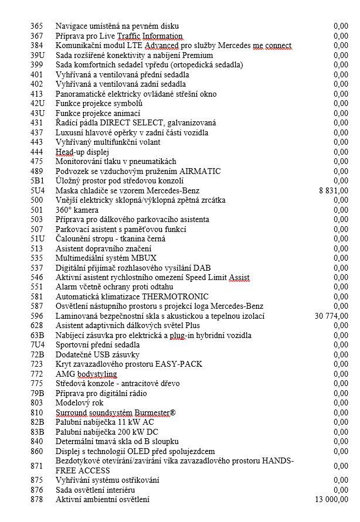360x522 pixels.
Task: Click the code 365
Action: (37, 26)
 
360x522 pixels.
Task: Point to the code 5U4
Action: (38, 190)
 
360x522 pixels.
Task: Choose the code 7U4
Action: (38, 345)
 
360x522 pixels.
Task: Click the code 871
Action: (37, 465)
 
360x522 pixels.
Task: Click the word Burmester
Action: (150, 412)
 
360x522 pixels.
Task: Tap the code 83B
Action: (38, 432)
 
